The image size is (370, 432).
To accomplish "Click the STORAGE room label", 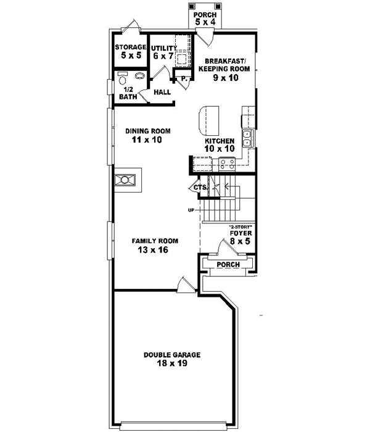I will (x=130, y=47).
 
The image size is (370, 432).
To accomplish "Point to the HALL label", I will (x=162, y=93).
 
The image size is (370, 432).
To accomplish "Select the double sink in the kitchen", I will (x=246, y=138).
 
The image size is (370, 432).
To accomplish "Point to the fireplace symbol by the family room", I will (x=126, y=180).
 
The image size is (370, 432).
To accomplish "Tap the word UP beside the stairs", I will (x=191, y=210).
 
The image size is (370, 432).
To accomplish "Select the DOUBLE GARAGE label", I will (x=172, y=355).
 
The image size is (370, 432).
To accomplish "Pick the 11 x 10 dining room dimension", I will (x=146, y=140).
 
